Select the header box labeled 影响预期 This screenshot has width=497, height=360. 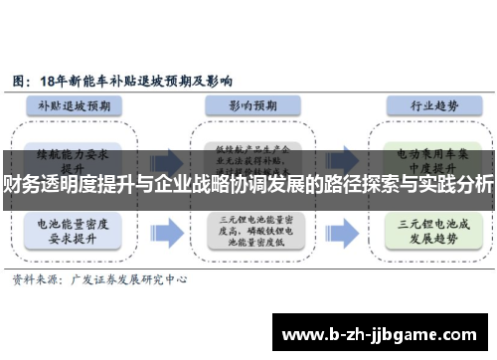pyautogui.click(x=248, y=103)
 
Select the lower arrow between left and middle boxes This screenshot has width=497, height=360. pyautogui.click(x=167, y=233)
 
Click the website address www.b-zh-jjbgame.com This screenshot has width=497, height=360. pyautogui.click(x=382, y=330)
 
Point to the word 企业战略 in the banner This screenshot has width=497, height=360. pyautogui.click(x=190, y=184)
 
